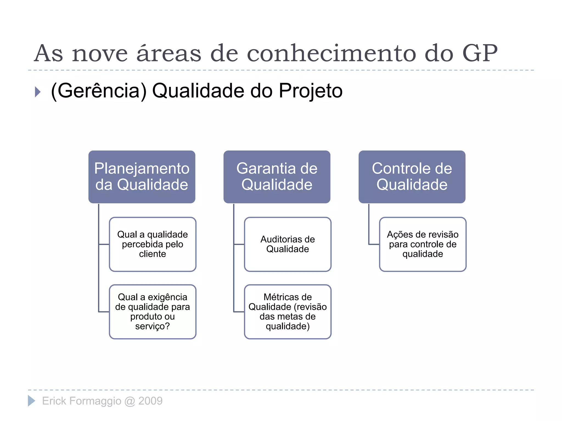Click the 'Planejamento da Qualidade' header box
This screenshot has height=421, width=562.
[x=142, y=177]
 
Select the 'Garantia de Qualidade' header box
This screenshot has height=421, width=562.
[x=277, y=177]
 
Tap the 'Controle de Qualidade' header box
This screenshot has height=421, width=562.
[x=412, y=177]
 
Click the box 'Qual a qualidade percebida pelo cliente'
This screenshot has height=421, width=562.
[x=153, y=244]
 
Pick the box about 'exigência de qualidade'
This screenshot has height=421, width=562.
[x=153, y=312]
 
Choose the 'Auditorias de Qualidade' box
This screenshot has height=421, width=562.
[x=288, y=244]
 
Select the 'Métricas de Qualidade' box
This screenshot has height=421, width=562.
[x=288, y=312]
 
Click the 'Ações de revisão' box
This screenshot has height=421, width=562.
[x=423, y=244]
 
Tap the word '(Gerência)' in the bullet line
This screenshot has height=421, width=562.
[x=99, y=91]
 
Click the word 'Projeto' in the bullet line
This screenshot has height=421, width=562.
[x=311, y=91]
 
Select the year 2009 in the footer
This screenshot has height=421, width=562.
[x=150, y=401]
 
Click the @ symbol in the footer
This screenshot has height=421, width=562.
[x=130, y=401]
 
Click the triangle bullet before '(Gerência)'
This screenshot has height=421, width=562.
[x=38, y=92]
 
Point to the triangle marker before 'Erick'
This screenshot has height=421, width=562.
[x=31, y=401]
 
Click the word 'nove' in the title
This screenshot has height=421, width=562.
[x=100, y=54]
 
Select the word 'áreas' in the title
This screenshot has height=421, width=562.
[x=169, y=53]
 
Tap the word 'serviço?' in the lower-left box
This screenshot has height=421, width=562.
[x=153, y=326]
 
